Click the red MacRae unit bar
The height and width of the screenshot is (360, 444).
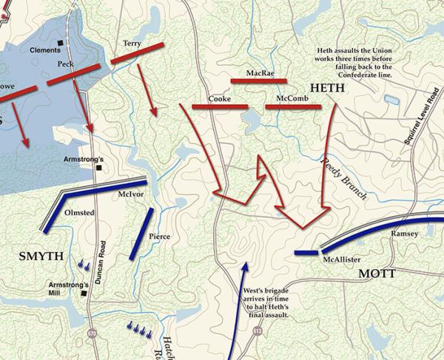point(258,81)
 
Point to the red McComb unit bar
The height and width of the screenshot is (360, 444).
point(292,107)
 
